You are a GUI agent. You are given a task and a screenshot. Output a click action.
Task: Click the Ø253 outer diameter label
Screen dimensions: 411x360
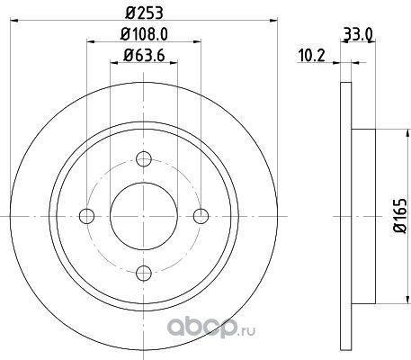point(144,13)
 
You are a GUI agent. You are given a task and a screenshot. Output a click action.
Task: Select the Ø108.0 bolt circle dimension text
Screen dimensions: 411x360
point(144,34)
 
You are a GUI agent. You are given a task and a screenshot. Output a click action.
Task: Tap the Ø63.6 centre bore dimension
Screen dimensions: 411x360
point(144,55)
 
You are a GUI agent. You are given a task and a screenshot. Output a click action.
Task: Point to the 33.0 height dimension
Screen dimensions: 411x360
point(358,34)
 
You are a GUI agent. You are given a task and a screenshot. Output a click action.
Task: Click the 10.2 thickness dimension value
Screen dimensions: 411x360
point(312,56)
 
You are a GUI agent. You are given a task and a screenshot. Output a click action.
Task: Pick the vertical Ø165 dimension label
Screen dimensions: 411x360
point(400,215)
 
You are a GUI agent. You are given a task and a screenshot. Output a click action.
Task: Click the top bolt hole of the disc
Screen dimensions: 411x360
point(144,158)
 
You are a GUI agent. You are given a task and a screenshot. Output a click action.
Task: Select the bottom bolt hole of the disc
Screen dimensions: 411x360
point(144,273)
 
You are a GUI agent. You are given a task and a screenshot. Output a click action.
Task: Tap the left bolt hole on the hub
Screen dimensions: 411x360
point(87,216)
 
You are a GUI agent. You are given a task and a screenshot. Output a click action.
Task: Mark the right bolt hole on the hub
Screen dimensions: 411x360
point(201,216)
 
